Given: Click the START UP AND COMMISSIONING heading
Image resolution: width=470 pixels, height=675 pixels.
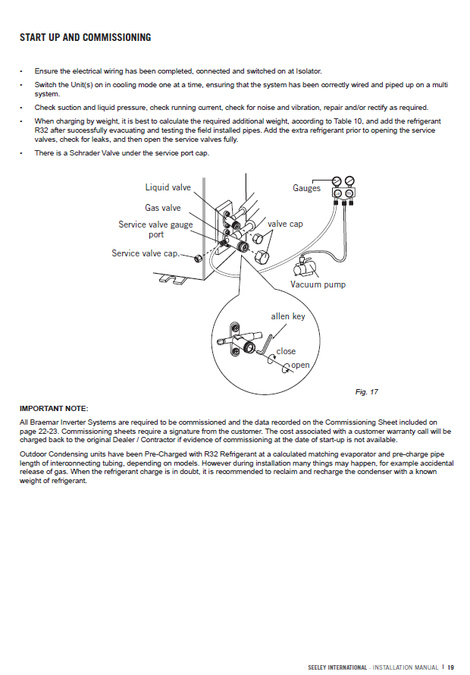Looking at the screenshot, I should click(85, 38).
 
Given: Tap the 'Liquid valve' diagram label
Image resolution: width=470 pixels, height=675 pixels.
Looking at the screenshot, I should click(168, 187).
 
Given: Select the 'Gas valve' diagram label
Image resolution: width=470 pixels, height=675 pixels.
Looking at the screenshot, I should click(163, 208).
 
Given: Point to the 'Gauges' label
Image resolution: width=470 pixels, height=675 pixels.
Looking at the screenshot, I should click(307, 188).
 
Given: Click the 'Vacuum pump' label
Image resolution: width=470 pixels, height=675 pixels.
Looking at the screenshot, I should click(318, 284).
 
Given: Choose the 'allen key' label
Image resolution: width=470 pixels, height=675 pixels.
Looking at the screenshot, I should click(288, 316).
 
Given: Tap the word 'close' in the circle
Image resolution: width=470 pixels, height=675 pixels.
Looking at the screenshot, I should click(286, 351).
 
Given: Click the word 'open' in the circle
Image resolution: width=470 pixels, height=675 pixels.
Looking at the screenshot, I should click(301, 365).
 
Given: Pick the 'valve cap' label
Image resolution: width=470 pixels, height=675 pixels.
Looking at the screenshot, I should click(285, 224).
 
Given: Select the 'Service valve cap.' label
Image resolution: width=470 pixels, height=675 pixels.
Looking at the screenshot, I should click(146, 253).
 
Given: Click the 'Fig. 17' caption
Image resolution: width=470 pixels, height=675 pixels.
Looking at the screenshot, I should click(366, 391).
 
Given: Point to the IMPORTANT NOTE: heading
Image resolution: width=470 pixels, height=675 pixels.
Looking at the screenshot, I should click(54, 409).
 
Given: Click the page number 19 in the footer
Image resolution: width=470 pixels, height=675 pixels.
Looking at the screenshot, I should click(450, 667).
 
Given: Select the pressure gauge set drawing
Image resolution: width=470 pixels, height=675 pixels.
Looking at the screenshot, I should click(345, 190).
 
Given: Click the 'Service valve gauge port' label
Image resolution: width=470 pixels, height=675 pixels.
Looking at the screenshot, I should click(155, 229).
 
